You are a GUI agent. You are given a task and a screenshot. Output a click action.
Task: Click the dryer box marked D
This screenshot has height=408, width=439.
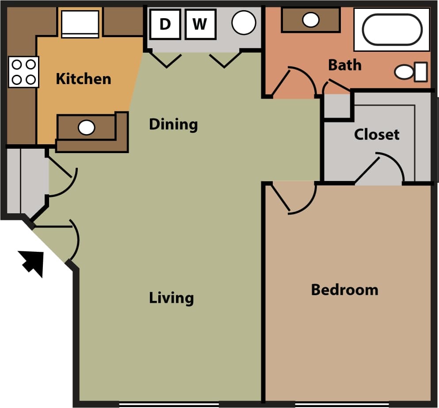(164, 24)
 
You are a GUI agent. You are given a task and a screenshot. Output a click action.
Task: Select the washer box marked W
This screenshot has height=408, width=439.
(199, 24)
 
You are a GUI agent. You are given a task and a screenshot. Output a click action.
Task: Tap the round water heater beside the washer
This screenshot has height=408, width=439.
(244, 23)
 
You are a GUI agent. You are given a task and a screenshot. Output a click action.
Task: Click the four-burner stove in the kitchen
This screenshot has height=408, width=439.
(23, 72)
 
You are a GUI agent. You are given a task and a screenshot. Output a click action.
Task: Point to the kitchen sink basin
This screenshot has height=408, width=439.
(86, 128)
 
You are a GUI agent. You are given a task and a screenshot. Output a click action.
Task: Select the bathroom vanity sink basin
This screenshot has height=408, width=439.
(311, 19)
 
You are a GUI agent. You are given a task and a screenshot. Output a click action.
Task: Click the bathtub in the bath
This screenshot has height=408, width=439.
(392, 30)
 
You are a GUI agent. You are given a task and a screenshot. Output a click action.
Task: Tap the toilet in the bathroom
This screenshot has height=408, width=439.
(410, 72)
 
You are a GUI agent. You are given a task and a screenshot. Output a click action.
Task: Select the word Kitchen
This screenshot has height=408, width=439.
(83, 79)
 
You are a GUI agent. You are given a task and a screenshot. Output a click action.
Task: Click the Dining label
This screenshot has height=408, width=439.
(173, 124)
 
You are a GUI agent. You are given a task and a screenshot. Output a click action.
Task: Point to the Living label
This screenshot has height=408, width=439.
(171, 298)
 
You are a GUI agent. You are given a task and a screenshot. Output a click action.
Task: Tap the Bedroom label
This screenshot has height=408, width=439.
(344, 290)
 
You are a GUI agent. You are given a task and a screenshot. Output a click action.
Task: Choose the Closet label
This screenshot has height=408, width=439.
(377, 134)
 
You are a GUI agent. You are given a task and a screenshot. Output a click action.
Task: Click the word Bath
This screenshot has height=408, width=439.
(344, 65)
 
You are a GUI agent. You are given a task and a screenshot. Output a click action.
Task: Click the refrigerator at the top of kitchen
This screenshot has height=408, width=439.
(80, 23)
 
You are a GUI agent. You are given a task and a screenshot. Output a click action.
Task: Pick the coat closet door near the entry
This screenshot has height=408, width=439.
(66, 179)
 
